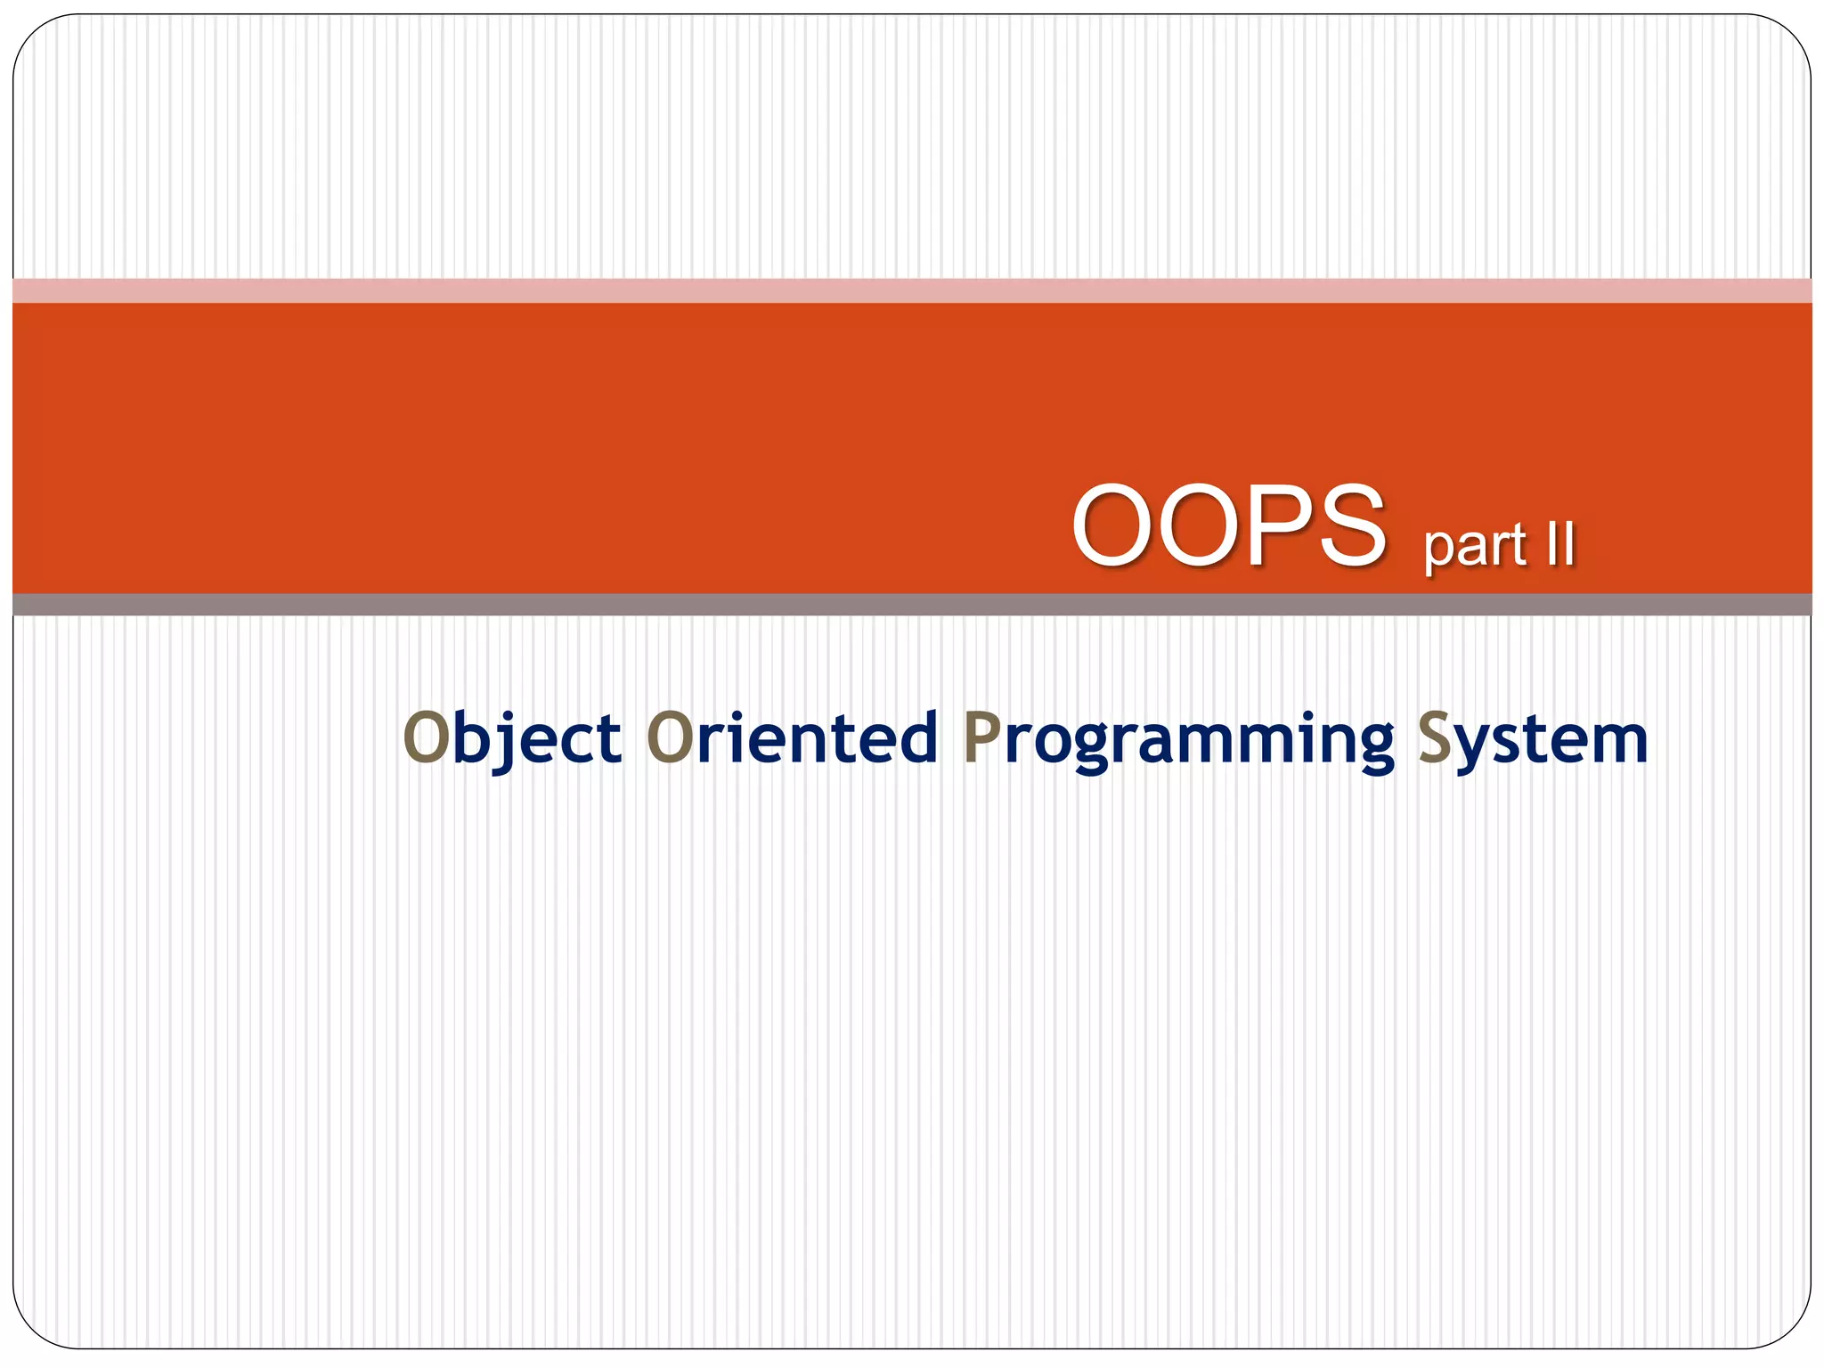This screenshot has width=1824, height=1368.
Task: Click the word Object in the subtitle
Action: [x=512, y=739]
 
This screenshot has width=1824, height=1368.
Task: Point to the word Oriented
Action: [x=792, y=739]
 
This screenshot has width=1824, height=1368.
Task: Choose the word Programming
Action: [x=1178, y=739]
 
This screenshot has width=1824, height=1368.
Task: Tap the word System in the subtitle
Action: [x=1532, y=739]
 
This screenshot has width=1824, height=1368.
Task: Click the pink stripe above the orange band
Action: [x=912, y=290]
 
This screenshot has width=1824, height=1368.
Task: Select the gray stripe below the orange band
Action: [x=912, y=605]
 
